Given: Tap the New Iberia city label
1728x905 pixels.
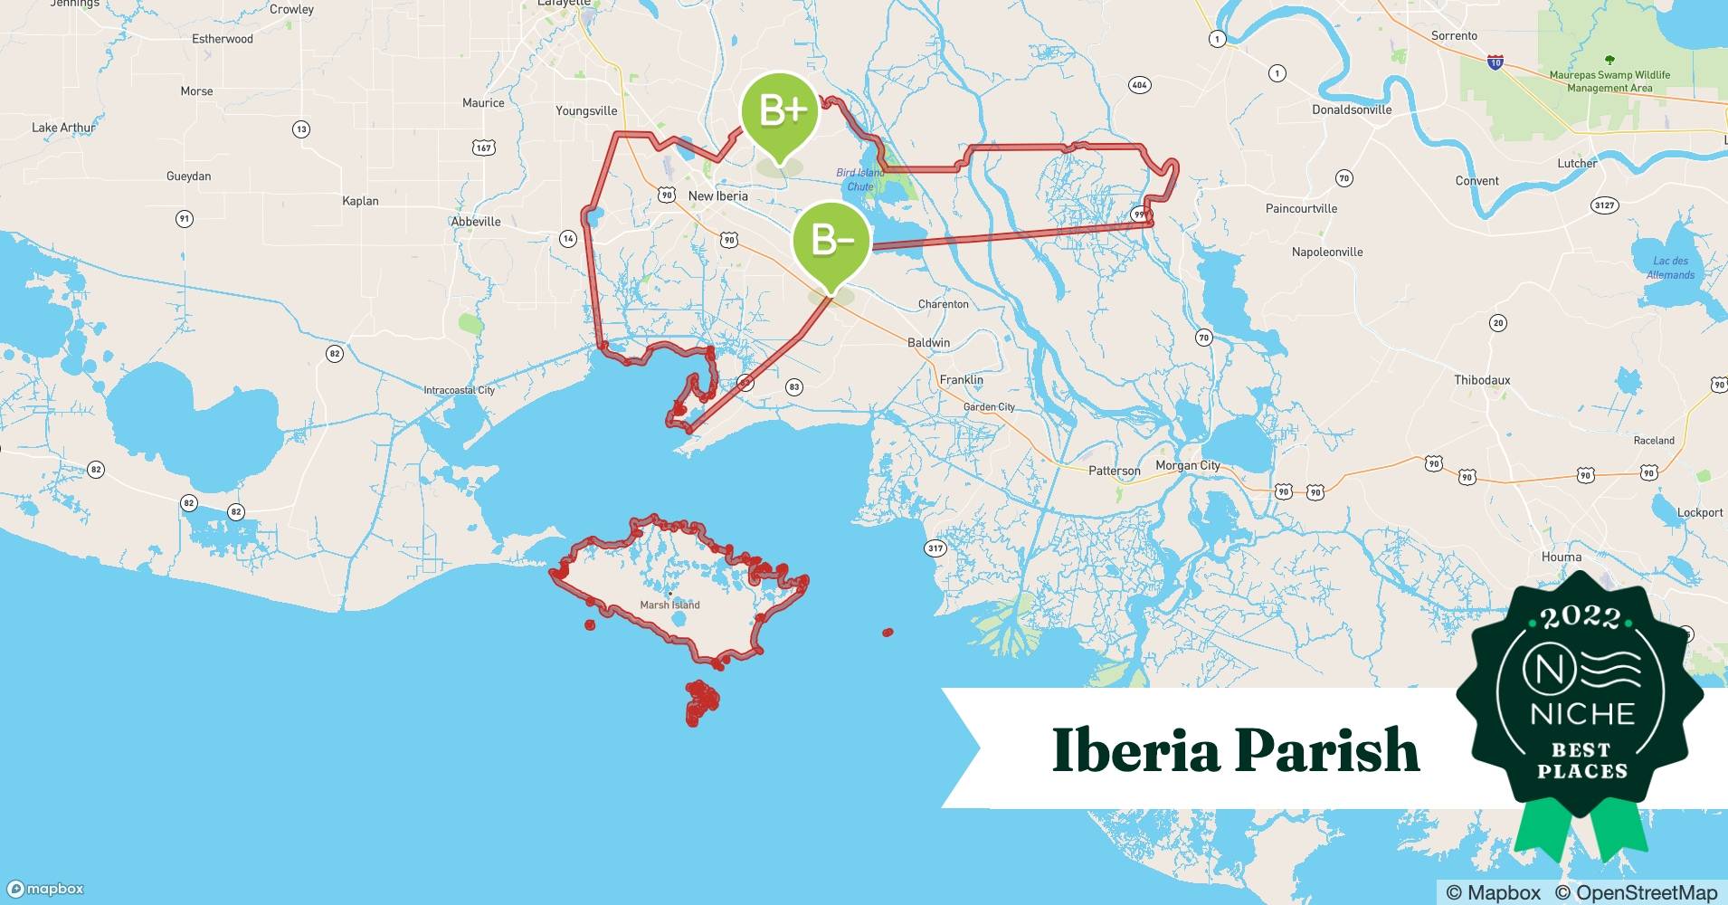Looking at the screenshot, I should pos(717,196).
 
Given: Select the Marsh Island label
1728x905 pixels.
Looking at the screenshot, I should pos(669,605).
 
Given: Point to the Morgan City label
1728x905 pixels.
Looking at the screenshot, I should pos(1187,466).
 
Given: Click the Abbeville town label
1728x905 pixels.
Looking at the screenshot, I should pos(476,222).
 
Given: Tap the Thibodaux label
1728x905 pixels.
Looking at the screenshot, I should pos(1482,380).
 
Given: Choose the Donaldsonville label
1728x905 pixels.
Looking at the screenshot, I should pos(1352,110).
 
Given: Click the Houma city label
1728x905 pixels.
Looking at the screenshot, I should pos(1561,557).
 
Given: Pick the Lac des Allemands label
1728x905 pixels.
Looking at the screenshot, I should pos(1670,268).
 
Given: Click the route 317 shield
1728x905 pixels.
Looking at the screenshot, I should pos(935,548).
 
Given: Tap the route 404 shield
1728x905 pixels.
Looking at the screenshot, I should pos(1139,85).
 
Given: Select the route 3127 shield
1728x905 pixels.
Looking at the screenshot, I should pos(1603,205).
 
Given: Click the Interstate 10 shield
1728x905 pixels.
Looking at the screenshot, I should pos(1495,62).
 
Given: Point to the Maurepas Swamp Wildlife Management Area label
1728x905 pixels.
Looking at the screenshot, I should pos(1609,81).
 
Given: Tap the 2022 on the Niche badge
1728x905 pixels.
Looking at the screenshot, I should pos(1581,618).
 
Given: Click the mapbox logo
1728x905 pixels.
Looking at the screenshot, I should pos(45,889).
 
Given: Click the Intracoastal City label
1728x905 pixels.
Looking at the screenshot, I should pos(459,390).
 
